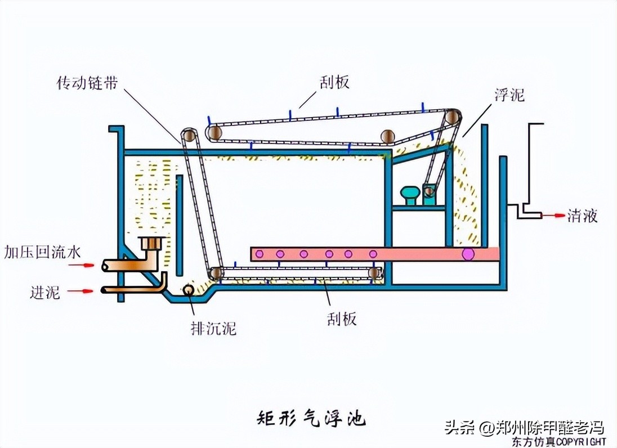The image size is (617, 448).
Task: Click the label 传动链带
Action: click(x=88, y=83)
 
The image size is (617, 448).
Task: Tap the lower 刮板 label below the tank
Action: click(x=341, y=319)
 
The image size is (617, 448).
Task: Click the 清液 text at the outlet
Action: click(x=582, y=216)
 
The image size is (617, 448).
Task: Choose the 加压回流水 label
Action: click(x=43, y=252)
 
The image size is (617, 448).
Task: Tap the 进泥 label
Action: click(x=45, y=292)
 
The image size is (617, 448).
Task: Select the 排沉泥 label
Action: click(x=213, y=328)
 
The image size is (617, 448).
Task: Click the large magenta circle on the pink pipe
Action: click(x=468, y=254)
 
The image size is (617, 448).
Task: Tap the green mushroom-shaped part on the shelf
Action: click(x=410, y=195)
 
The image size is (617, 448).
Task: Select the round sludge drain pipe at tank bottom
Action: click(x=186, y=290)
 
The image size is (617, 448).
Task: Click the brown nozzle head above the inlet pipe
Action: click(x=151, y=244)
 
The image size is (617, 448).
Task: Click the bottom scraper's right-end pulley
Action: click(x=375, y=274)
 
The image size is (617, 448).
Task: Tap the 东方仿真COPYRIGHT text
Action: click(x=559, y=441)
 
